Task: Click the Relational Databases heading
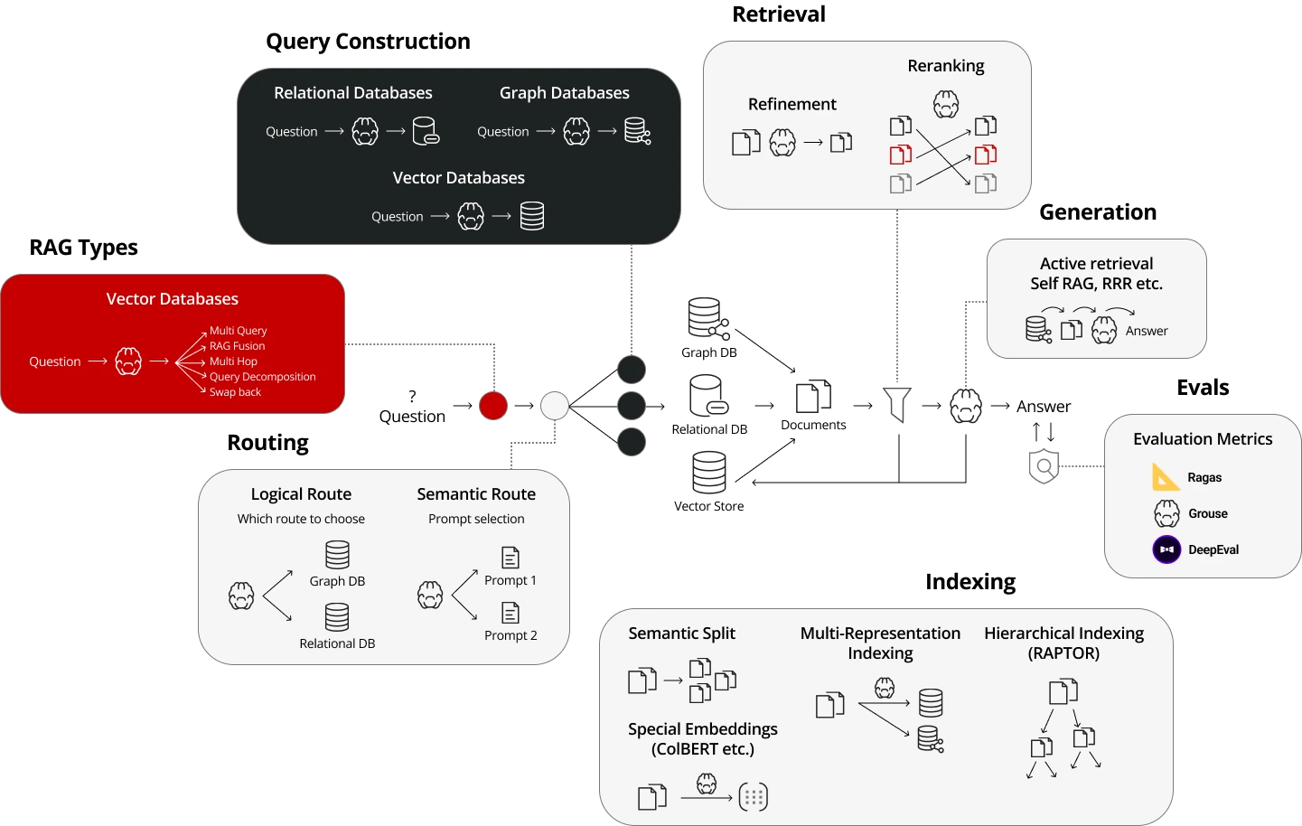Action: [352, 93]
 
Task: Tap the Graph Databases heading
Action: [564, 93]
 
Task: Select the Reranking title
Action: [945, 66]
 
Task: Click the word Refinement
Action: [792, 104]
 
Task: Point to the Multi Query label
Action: [238, 331]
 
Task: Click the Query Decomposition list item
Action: [262, 377]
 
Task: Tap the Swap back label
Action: [235, 392]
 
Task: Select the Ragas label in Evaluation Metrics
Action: [1204, 477]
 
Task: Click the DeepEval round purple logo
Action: [1166, 549]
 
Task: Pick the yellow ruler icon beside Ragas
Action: [1166, 476]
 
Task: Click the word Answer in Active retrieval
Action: [1146, 332]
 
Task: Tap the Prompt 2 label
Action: [510, 635]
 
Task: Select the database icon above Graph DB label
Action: [337, 554]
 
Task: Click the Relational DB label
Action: [337, 643]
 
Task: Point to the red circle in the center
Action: [493, 406]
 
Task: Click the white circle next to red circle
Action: [555, 406]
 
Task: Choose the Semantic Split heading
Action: [681, 634]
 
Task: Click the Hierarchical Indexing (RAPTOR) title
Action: [1063, 643]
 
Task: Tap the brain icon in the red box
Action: [128, 361]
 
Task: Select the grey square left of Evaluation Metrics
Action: [1044, 465]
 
